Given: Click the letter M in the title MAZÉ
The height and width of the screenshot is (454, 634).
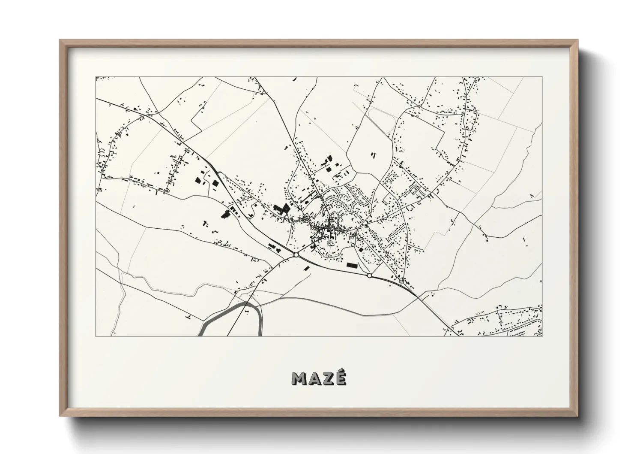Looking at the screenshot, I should pyautogui.click(x=299, y=378).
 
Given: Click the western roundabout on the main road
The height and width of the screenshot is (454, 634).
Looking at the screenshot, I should pyautogui.click(x=296, y=255).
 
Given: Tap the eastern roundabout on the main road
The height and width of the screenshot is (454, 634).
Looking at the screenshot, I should pyautogui.click(x=369, y=275).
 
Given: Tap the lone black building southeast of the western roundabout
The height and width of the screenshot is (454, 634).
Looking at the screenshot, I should pyautogui.click(x=307, y=268).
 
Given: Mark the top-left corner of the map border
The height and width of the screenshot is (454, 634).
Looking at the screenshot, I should pyautogui.click(x=96, y=77).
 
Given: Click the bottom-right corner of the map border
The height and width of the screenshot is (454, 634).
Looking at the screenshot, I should pyautogui.click(x=542, y=336).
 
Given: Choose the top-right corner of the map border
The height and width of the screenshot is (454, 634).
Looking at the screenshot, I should pyautogui.click(x=542, y=77).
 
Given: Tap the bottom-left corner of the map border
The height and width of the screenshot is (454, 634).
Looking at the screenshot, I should pyautogui.click(x=96, y=336).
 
